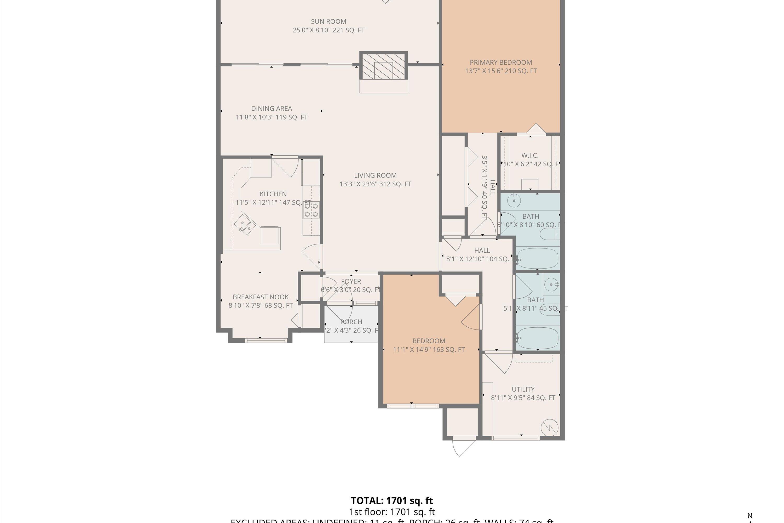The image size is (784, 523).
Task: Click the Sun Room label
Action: [328, 22]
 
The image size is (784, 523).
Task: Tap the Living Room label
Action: [375, 175]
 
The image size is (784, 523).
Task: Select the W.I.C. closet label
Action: [530, 155]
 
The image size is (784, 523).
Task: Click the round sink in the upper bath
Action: [514, 201]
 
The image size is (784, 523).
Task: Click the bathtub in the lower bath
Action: [537, 338]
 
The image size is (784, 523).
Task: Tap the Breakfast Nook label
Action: [260, 297]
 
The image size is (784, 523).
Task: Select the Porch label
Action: [351, 322]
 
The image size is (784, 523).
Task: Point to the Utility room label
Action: [523, 389]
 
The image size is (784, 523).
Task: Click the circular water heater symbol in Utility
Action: [549, 427]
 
